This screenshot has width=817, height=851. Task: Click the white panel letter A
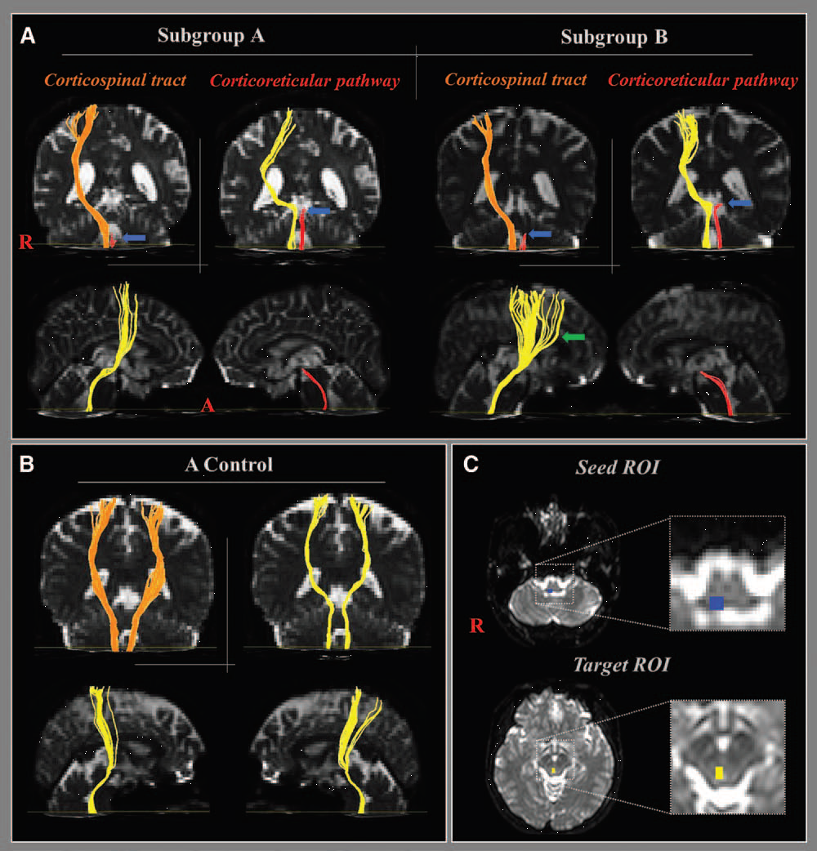pos(29,36)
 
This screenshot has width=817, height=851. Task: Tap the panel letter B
pos(27,466)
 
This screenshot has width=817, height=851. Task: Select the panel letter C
pos(471,466)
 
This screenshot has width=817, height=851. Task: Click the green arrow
pos(575,336)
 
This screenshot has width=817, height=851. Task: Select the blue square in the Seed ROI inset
pos(716,603)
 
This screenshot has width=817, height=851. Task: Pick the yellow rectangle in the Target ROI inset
pos(719,772)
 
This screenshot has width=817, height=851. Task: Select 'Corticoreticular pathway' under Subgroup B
pos(703,80)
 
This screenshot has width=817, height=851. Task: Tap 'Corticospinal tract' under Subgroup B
pos(516,80)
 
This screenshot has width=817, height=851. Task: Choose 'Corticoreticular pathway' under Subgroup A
pos(305,80)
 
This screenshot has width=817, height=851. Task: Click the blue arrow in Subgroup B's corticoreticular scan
pos(739,201)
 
